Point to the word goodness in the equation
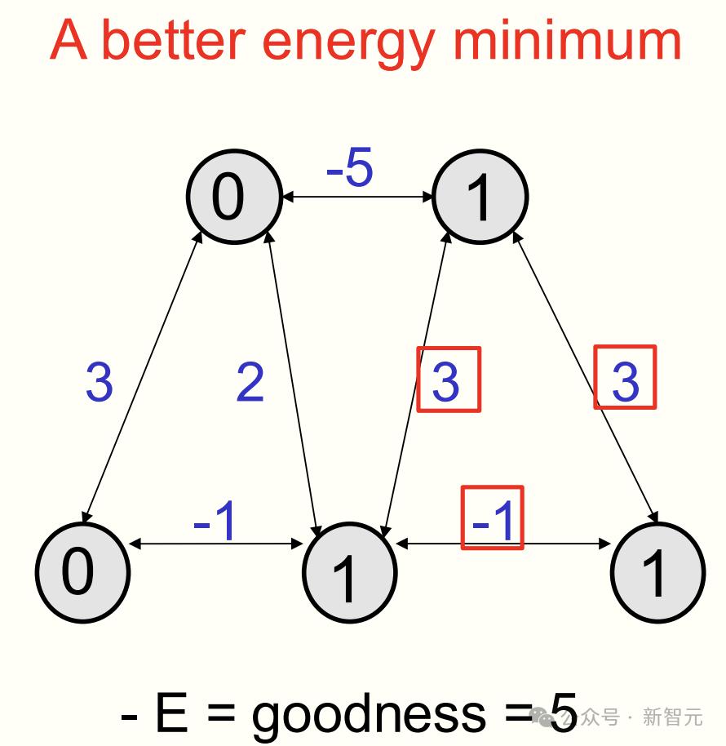pyautogui.click(x=367, y=714)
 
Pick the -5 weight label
pyautogui.click(x=349, y=169)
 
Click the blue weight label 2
pyautogui.click(x=250, y=381)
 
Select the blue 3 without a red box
pyautogui.click(x=99, y=381)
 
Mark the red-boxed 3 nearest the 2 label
pyautogui.click(x=448, y=380)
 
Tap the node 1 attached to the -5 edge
pyautogui.click(x=480, y=197)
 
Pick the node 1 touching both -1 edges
pyautogui.click(x=349, y=571)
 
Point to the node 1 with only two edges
pyautogui.click(x=657, y=571)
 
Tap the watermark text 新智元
pyautogui.click(x=672, y=717)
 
